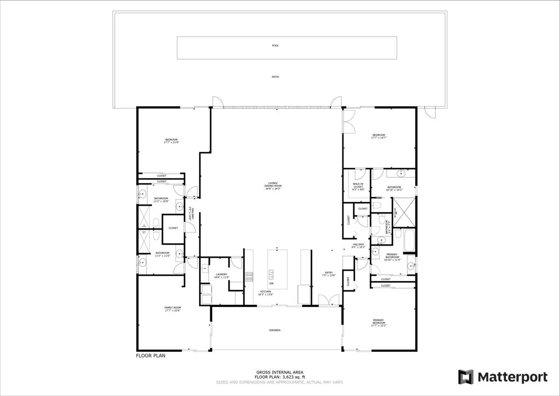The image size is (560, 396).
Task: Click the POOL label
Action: click(275, 45)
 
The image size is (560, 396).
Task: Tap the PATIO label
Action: click(275, 77)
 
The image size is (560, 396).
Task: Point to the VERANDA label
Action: click(275, 330)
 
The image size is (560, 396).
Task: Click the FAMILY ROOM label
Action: click(172, 309)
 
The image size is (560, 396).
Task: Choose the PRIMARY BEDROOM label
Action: click(378, 323)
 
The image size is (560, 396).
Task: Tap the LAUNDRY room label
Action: click(221, 276)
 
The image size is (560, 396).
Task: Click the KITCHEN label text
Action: click(265, 293)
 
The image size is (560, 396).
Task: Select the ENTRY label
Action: click(329, 273)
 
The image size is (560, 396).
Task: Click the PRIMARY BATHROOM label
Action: click(392, 257)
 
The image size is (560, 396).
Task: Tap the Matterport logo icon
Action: click(465, 377)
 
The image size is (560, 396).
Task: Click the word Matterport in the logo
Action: click(512, 377)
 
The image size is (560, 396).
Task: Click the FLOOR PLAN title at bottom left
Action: click(150, 356)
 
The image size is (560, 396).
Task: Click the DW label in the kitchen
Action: click(271, 283)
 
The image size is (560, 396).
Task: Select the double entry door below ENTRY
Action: click(328, 300)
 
